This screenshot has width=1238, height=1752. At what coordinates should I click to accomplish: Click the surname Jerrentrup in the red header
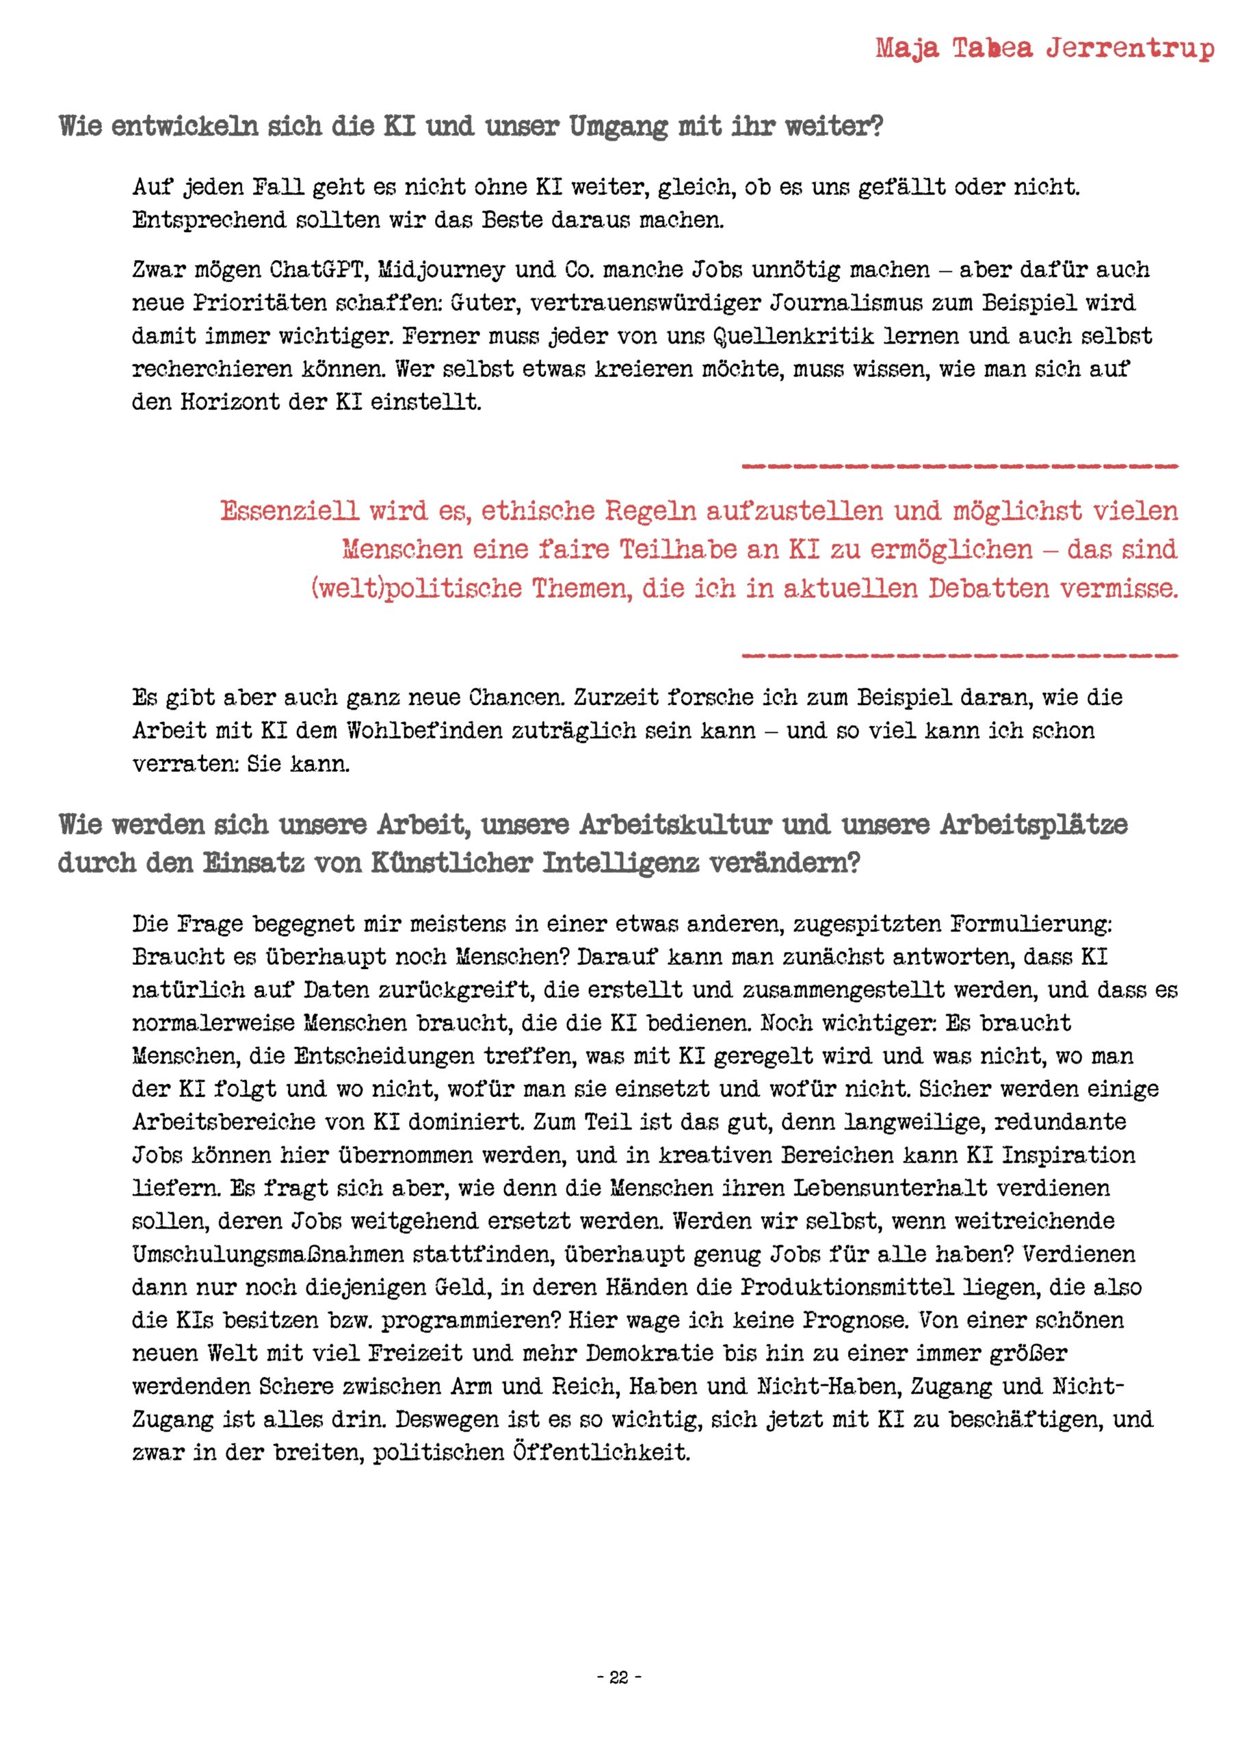[1130, 49]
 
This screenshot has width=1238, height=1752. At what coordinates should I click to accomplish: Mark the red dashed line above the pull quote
[960, 465]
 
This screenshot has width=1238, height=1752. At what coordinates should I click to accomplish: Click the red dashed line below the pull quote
[960, 656]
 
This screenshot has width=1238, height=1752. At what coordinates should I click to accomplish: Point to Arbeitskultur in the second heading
[675, 825]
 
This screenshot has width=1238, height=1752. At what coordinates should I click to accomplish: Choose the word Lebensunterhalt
[890, 1188]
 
